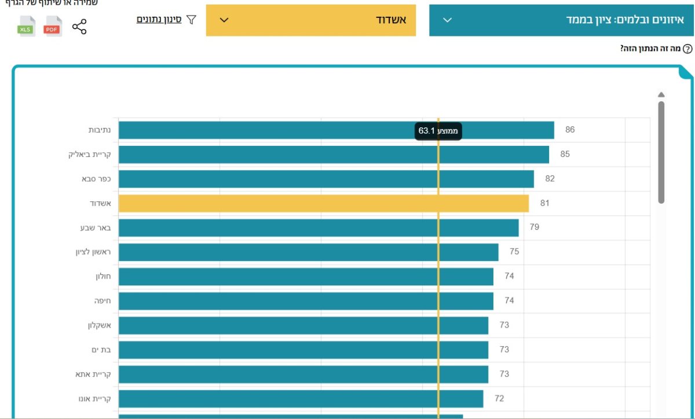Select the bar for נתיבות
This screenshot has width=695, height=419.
pos(336,130)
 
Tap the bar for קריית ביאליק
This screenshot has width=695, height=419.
pos(334,155)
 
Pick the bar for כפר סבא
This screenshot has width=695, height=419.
pos(326,179)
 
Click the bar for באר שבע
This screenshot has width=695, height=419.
pos(319,227)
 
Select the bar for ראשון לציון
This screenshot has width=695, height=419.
pos(308,252)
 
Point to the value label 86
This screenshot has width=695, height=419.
pos(570,130)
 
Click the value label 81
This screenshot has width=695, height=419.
pos(544,203)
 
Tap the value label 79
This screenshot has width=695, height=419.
pos(534,227)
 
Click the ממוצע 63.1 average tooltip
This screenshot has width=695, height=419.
pos(438,131)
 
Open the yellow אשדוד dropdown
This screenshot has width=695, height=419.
pos(311,20)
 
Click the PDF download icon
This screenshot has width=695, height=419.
pos(53,26)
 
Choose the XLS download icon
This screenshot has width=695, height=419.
pos(26,26)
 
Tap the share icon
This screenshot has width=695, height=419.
pos(79,27)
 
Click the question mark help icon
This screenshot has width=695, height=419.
pos(687,49)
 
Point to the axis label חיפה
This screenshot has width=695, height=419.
pos(103,301)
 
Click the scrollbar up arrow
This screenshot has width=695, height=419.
pos(661,95)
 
